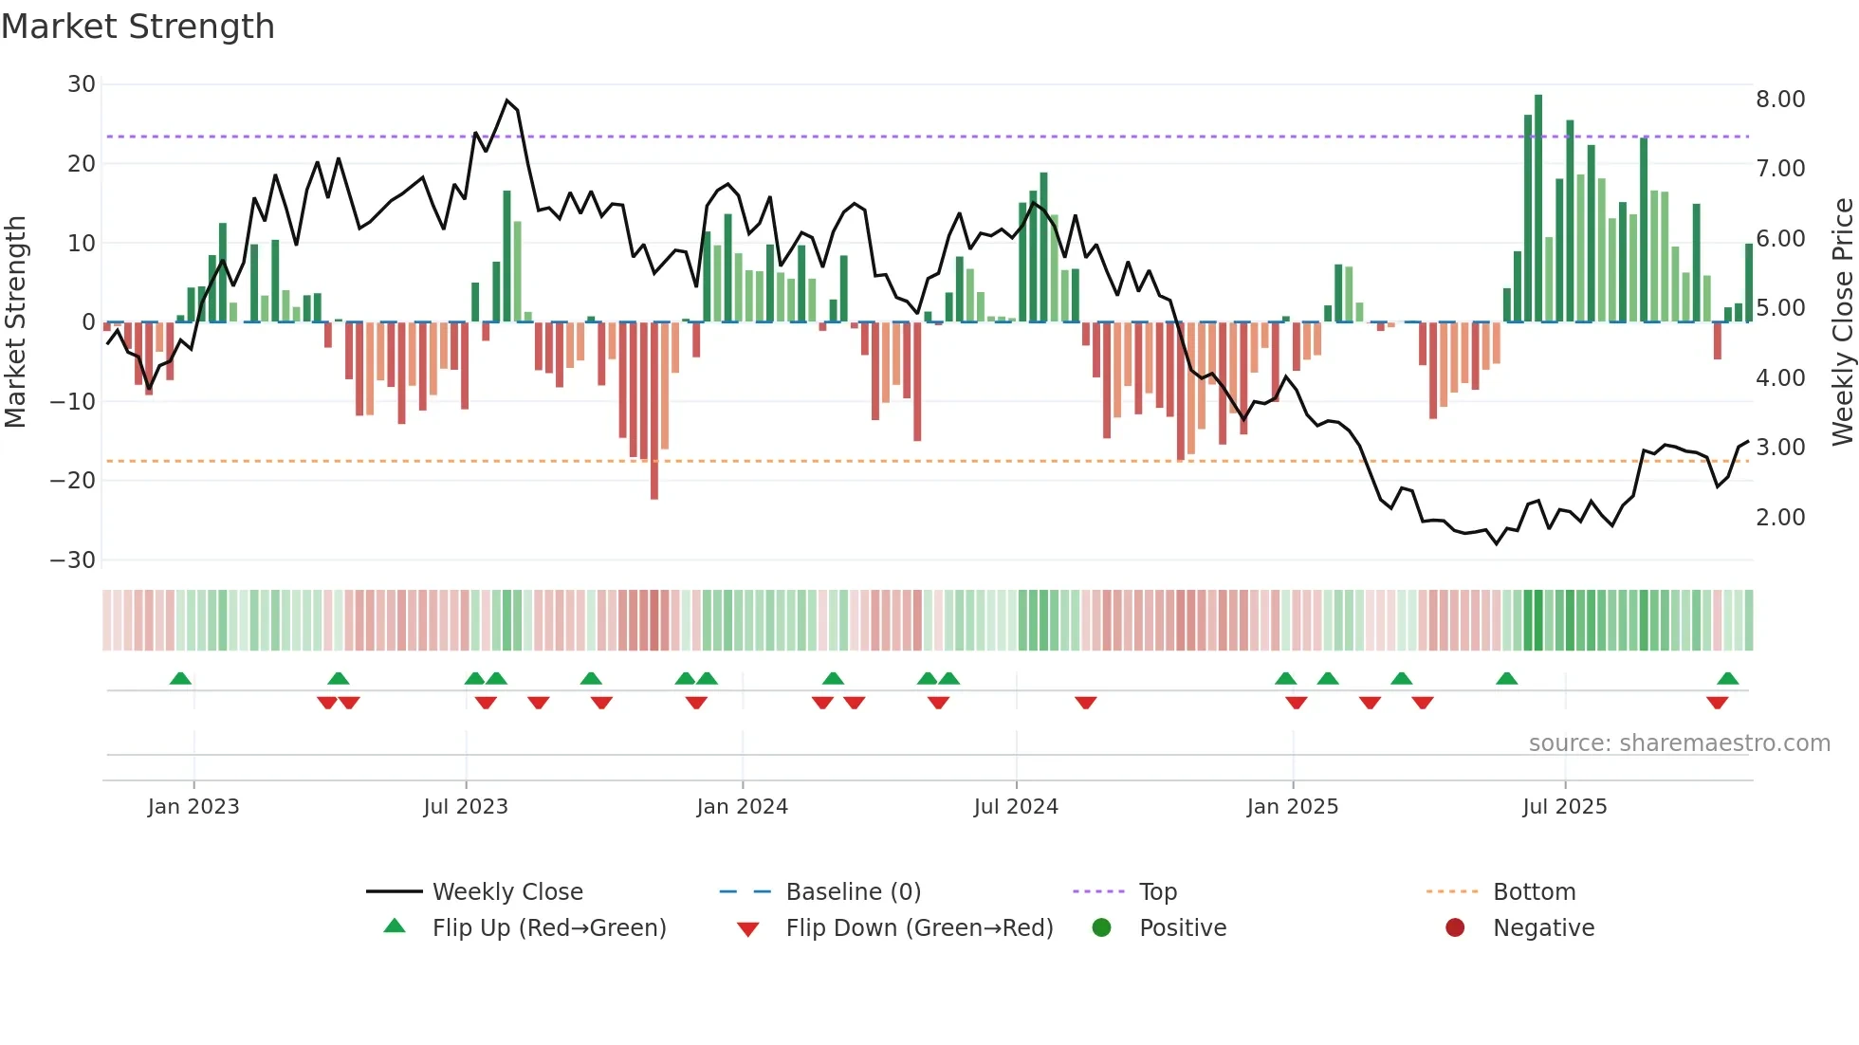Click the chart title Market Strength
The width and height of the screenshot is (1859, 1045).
[138, 27]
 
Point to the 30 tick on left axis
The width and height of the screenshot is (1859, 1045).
[82, 84]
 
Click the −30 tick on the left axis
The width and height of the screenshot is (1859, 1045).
[73, 559]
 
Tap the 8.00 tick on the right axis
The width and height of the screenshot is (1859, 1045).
[1780, 100]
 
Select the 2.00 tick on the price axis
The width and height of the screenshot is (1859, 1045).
[1780, 518]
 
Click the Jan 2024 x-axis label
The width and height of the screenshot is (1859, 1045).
[742, 807]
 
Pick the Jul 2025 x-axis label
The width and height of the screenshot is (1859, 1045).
[1564, 807]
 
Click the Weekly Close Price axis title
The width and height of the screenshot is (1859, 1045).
[1842, 321]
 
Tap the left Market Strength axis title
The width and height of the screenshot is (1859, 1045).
[15, 321]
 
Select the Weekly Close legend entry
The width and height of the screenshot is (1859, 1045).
[507, 892]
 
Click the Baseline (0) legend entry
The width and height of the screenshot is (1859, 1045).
[853, 892]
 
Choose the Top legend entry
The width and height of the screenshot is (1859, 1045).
[1157, 892]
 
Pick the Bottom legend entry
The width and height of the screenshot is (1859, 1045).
[1534, 892]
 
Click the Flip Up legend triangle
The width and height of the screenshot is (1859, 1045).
[395, 926]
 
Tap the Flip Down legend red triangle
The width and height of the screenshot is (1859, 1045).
[747, 929]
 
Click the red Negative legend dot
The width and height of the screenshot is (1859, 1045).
[1455, 927]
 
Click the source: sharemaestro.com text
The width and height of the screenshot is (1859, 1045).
[1679, 743]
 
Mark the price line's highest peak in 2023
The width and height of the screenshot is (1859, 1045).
[507, 101]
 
